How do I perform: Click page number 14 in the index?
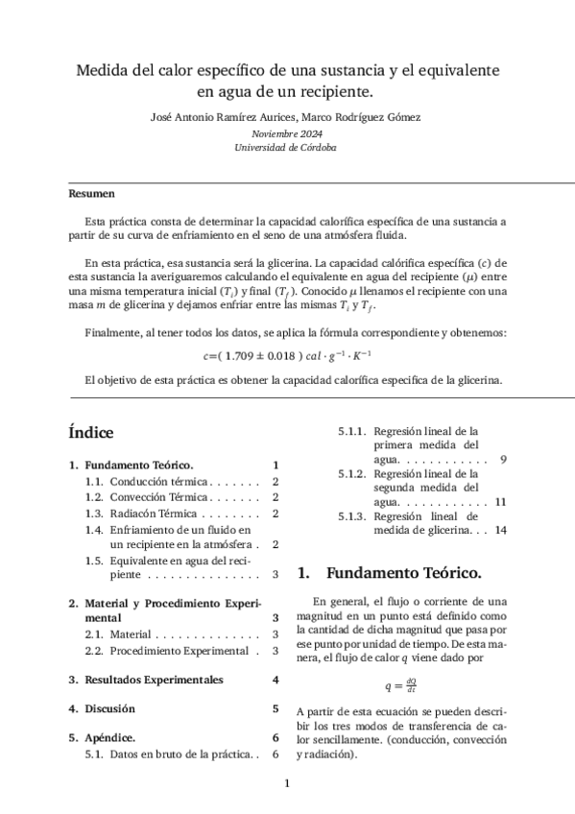(x=500, y=529)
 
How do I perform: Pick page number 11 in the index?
(x=500, y=501)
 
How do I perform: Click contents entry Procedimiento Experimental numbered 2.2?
(x=178, y=651)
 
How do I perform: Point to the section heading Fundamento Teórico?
(x=404, y=574)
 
